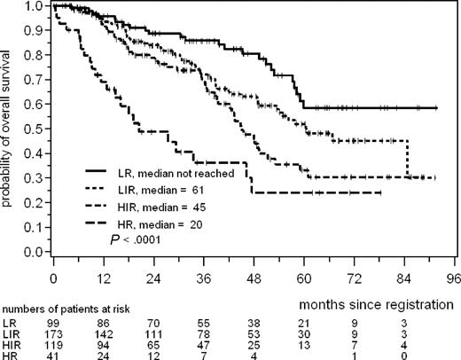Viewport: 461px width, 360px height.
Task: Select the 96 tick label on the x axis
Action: [x=453, y=276]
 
